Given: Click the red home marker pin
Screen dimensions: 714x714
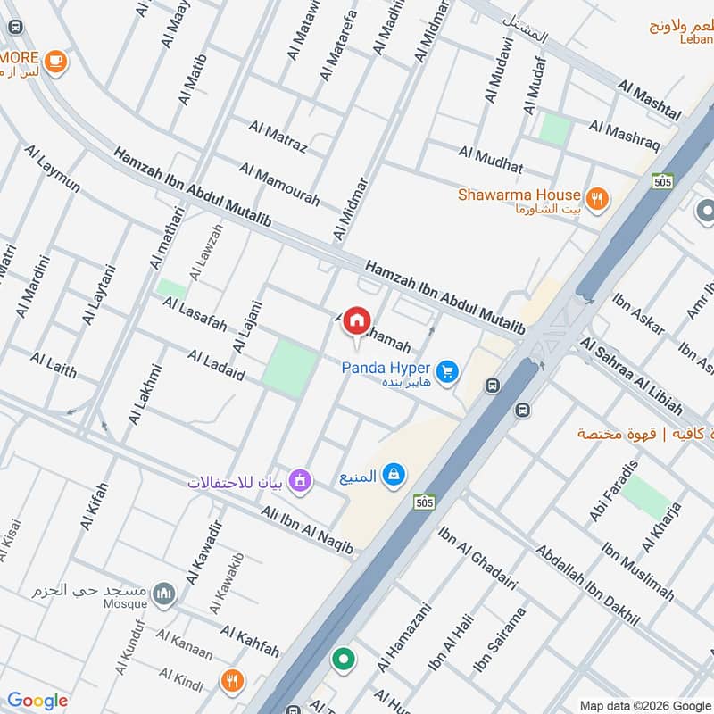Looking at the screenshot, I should pyautogui.click(x=356, y=320).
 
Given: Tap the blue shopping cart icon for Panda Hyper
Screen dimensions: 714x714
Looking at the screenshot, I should pyautogui.click(x=448, y=369).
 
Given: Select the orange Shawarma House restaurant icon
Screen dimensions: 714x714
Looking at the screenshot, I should pyautogui.click(x=597, y=196).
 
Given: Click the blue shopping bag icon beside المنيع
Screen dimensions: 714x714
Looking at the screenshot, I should pyautogui.click(x=392, y=476).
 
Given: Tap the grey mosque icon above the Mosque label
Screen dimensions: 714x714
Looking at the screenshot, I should pyautogui.click(x=162, y=593).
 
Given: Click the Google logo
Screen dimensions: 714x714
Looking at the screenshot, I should pyautogui.click(x=37, y=701).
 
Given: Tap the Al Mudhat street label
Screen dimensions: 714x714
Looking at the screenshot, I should pyautogui.click(x=491, y=162).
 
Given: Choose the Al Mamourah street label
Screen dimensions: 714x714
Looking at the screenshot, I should pyautogui.click(x=278, y=184).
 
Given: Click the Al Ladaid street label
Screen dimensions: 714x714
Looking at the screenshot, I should pyautogui.click(x=216, y=366).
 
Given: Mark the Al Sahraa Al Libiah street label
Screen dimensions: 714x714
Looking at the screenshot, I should pyautogui.click(x=631, y=375).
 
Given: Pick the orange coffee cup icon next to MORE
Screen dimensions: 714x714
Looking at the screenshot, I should pyautogui.click(x=56, y=61).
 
